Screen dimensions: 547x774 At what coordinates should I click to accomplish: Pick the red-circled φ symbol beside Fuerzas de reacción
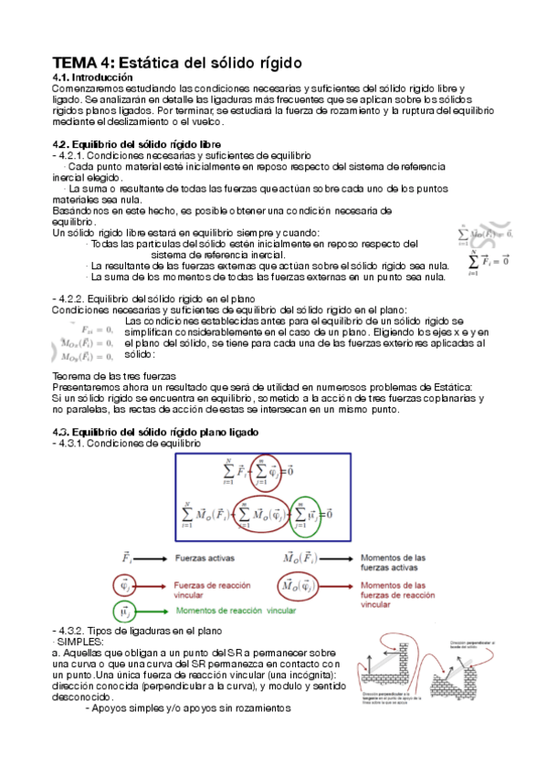125,584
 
